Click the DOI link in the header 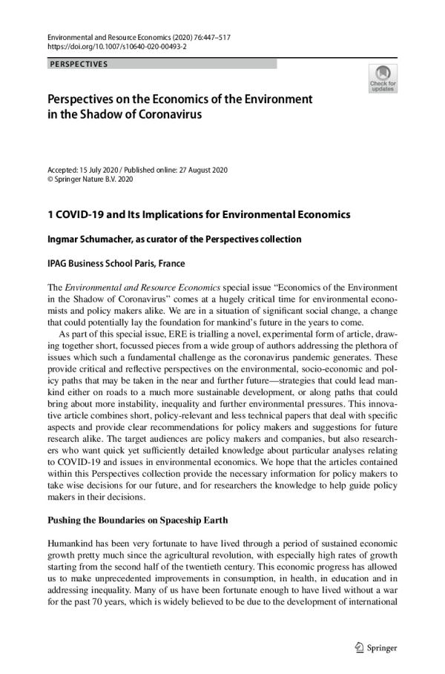[x=117, y=45]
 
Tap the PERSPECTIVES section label [x=79, y=65]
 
